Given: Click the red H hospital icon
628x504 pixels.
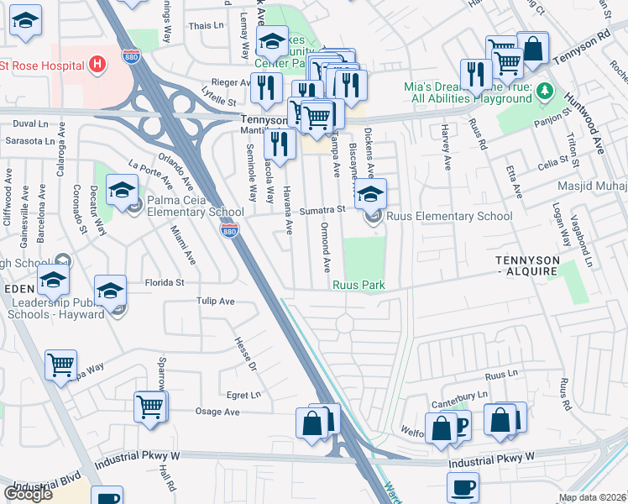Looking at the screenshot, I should point(97,64).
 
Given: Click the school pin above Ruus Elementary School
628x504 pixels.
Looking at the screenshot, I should point(370,196).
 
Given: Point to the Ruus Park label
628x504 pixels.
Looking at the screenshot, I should point(358,286).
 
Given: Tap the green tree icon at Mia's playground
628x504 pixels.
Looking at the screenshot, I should point(544,90).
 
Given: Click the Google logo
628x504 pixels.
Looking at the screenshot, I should point(28,493).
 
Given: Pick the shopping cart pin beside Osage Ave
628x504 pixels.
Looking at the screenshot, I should point(149,407).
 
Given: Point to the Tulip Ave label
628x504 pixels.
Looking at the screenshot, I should point(215,301).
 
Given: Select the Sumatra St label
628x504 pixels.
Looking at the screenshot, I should point(324,209).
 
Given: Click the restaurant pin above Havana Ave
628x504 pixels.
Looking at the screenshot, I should point(280,144).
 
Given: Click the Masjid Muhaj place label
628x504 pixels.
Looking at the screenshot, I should point(591,185).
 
